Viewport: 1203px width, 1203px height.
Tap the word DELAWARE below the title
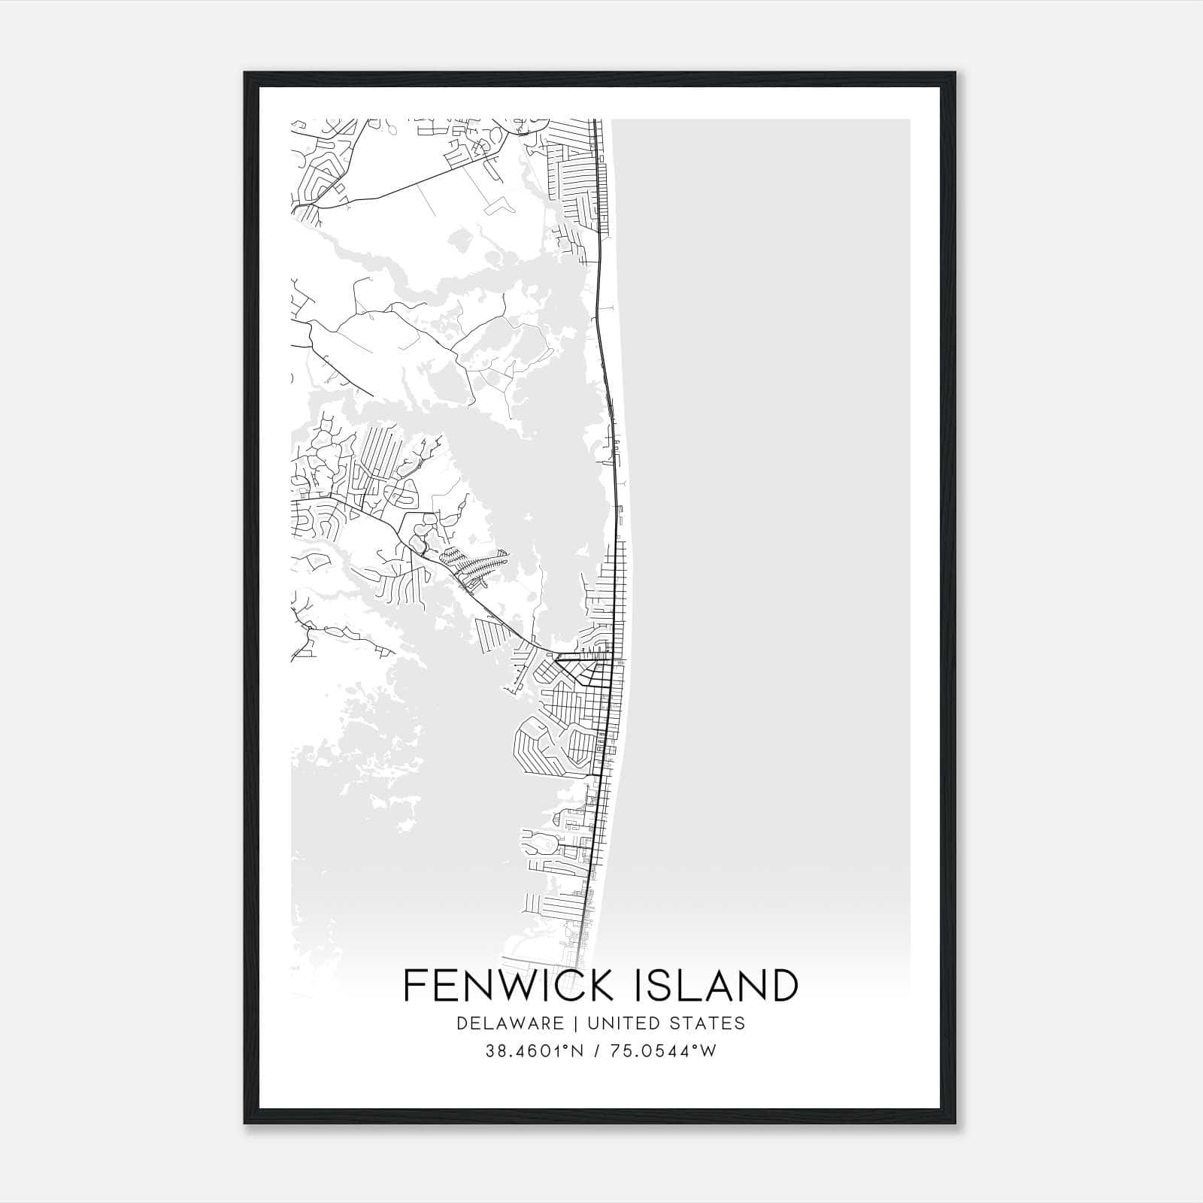point(510,1023)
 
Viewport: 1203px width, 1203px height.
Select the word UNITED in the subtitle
point(616,1023)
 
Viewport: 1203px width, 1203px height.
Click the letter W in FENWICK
point(519,986)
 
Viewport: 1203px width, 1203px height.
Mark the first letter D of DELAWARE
point(461,1023)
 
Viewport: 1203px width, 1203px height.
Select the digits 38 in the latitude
point(495,1051)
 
